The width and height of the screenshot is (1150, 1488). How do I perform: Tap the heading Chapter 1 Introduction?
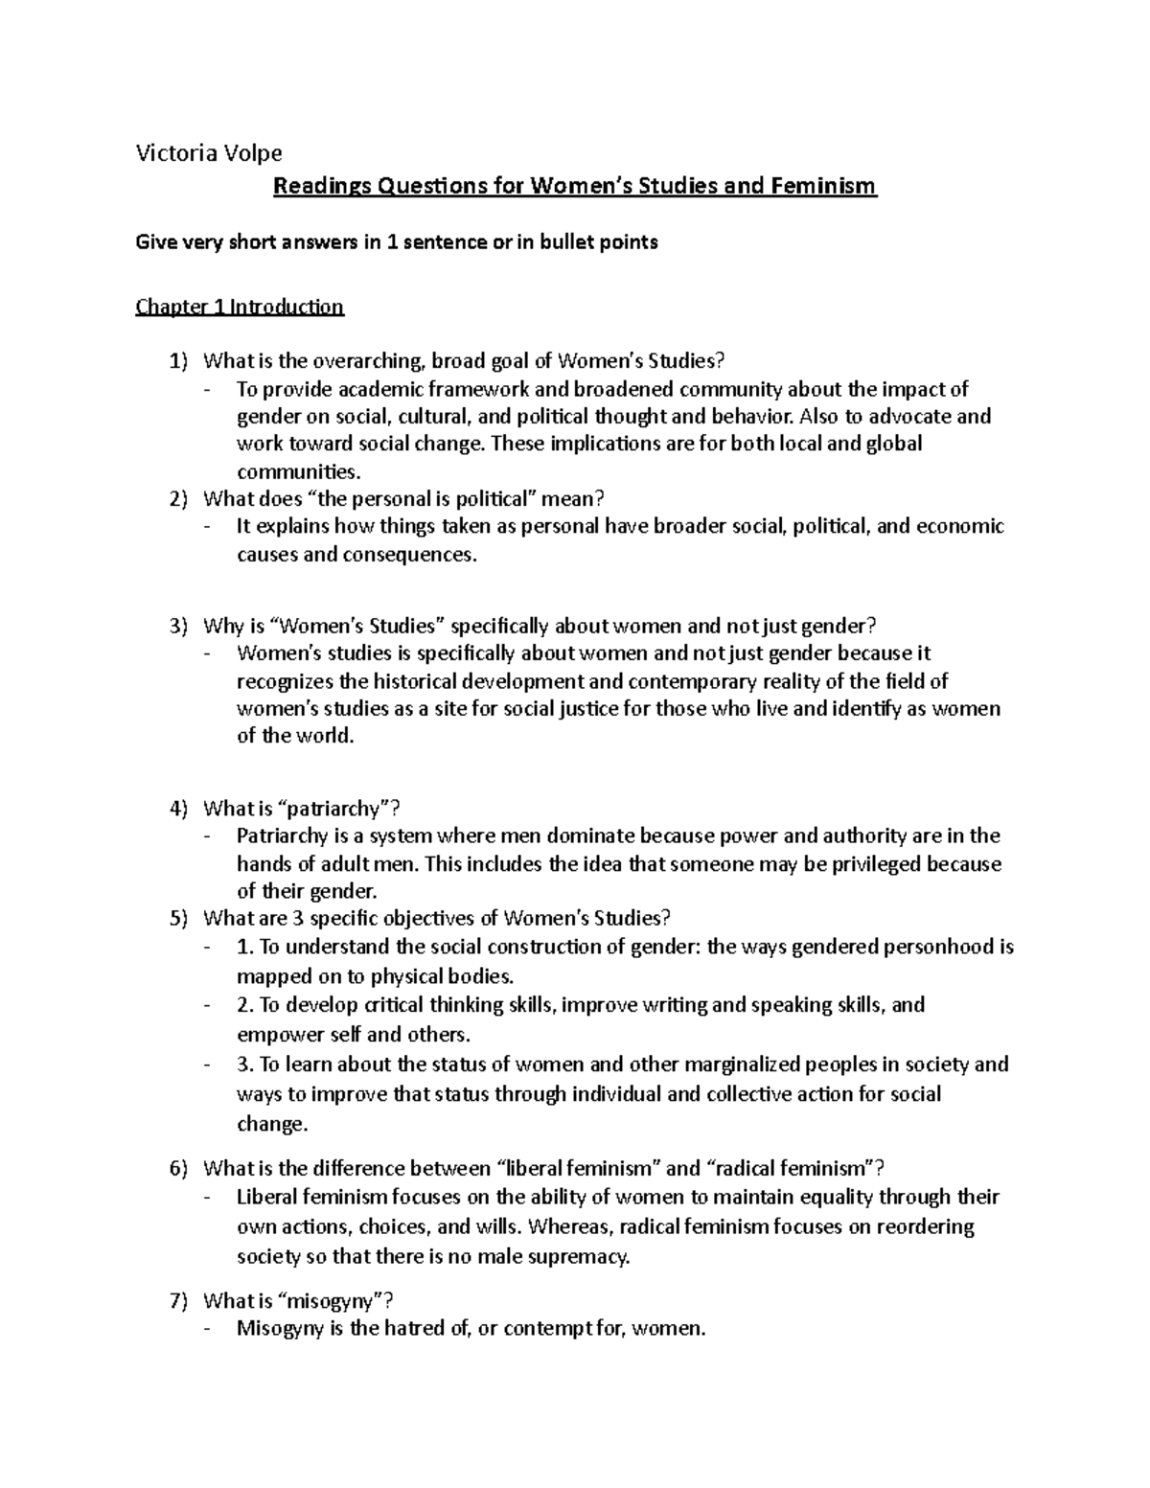pyautogui.click(x=240, y=308)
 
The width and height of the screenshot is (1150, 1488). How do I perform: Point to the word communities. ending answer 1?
pyautogui.click(x=287, y=471)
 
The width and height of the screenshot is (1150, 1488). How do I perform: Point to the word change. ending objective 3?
pyautogui.click(x=272, y=1124)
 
